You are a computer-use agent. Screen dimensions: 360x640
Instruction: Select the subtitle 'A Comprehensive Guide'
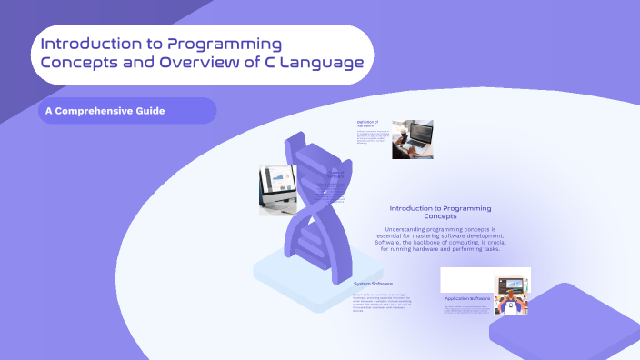click(x=106, y=111)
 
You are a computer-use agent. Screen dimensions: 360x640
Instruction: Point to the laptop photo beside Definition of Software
click(x=412, y=139)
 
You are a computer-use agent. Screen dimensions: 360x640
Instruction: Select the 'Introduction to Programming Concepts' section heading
click(x=440, y=212)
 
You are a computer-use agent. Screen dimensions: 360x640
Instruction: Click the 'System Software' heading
click(x=373, y=284)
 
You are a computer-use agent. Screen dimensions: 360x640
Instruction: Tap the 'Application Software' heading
click(x=467, y=298)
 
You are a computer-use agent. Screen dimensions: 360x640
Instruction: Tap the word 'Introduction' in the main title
click(x=92, y=44)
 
